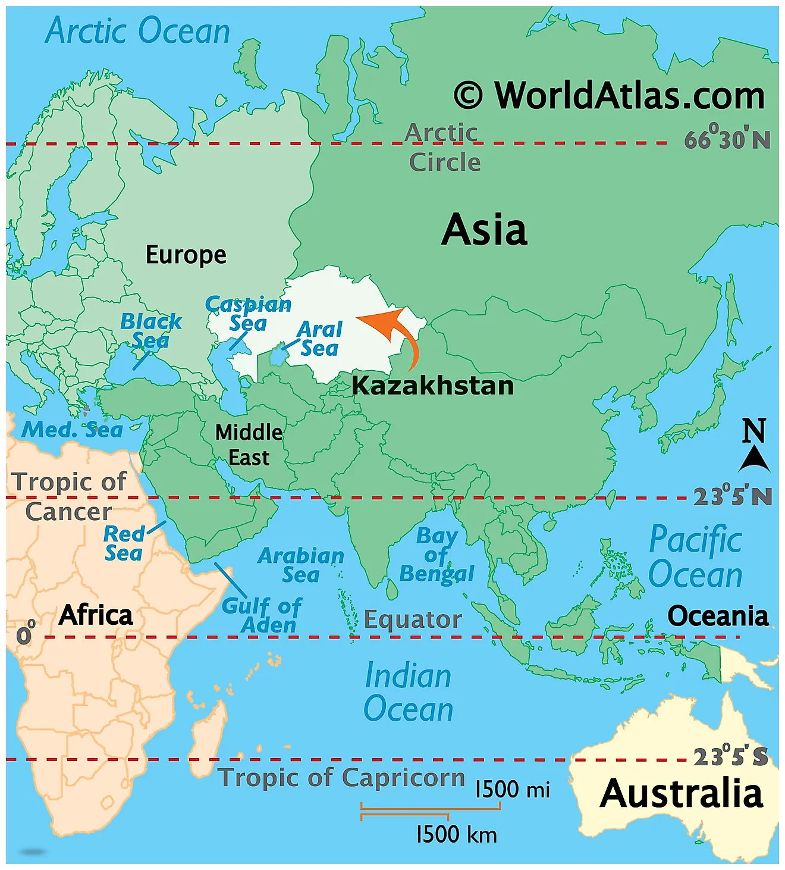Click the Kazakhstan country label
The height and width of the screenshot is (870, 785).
point(432,386)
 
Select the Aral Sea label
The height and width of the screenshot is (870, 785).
point(320,339)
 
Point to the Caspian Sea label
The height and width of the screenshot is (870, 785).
point(248,314)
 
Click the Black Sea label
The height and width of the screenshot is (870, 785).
point(150,331)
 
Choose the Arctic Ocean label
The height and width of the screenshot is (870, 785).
point(137,31)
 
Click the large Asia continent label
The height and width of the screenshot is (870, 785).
point(484,230)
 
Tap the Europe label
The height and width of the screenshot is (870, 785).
point(186,255)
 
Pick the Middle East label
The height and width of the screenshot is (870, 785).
point(249,445)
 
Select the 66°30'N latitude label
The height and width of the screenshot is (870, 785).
point(727,139)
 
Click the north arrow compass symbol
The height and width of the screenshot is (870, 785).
point(754,446)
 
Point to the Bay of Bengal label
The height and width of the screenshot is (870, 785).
point(437,555)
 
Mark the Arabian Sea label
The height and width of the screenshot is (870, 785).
point(301,565)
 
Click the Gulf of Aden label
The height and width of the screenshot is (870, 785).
point(262,615)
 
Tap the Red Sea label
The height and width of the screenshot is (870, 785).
point(124,543)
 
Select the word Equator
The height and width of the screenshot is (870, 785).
point(413,619)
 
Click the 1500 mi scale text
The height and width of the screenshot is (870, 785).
point(512,790)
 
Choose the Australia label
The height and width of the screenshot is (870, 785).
point(682,794)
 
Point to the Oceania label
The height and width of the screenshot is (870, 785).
point(718,616)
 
